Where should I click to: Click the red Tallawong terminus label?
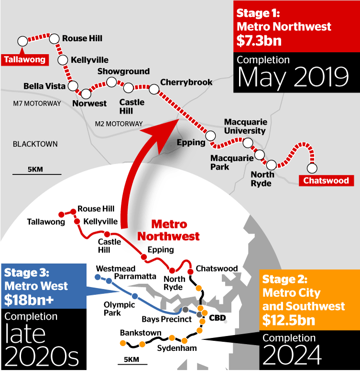(25, 60)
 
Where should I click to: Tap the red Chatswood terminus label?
(326, 180)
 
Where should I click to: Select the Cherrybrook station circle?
(154, 89)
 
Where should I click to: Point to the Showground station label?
(123, 71)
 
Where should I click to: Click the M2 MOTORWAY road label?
(119, 124)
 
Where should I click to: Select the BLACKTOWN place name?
(35, 144)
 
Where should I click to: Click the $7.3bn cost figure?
(259, 41)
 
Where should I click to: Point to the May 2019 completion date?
(294, 78)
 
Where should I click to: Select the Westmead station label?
(116, 269)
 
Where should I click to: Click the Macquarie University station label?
(245, 127)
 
